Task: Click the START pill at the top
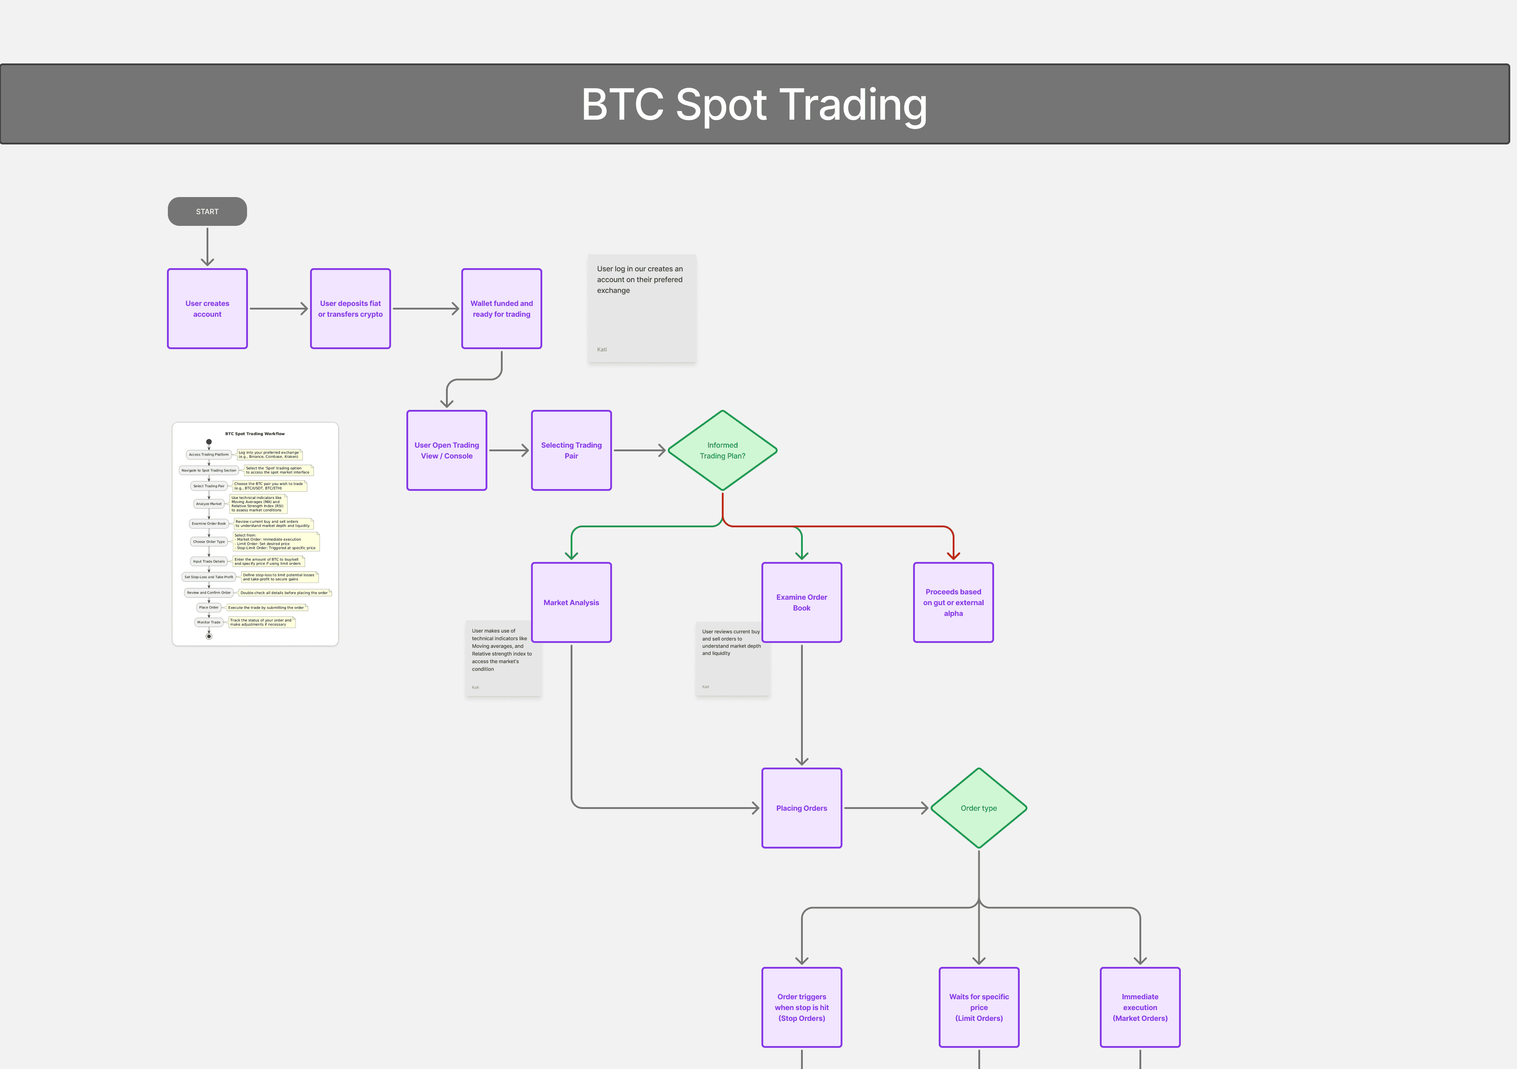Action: [x=207, y=211]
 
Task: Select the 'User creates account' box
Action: [x=207, y=309]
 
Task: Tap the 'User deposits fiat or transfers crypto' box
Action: [x=350, y=309]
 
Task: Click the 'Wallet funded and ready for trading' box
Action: [x=501, y=309]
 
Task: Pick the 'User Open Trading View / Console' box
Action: [x=447, y=450]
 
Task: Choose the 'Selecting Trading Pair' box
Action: [x=571, y=450]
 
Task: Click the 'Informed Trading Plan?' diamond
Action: [x=722, y=450]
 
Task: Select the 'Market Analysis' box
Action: [x=571, y=602]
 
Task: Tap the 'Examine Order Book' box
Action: [x=801, y=602]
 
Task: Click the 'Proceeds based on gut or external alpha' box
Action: [x=953, y=602]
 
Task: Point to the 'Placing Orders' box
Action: [x=801, y=807]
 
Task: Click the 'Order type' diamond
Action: [x=978, y=807]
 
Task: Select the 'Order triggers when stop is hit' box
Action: [x=801, y=1007]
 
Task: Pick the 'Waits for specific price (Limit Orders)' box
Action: [x=978, y=1007]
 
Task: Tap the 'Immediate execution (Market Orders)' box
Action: [x=1140, y=1007]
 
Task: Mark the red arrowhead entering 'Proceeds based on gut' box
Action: [x=953, y=555]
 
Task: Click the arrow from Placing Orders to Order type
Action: [x=885, y=807]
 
